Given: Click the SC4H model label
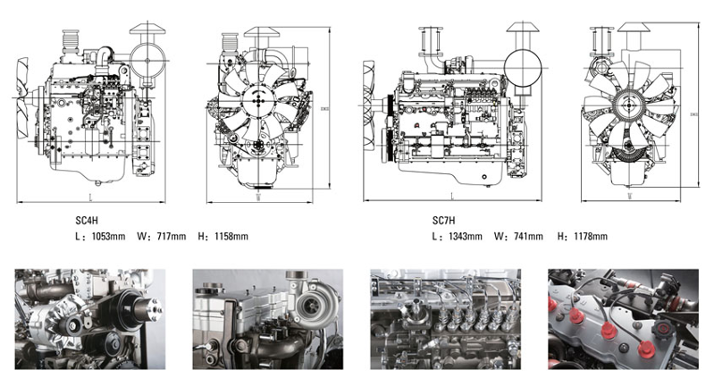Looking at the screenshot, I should tap(87, 218).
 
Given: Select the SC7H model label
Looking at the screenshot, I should tap(443, 218).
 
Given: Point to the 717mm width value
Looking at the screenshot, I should tap(172, 237).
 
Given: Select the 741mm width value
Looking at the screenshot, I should tap(528, 237).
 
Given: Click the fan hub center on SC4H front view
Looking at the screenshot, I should tap(259, 99).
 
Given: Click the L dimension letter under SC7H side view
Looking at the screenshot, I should tap(452, 194).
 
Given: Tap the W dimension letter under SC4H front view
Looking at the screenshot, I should tap(258, 197).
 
